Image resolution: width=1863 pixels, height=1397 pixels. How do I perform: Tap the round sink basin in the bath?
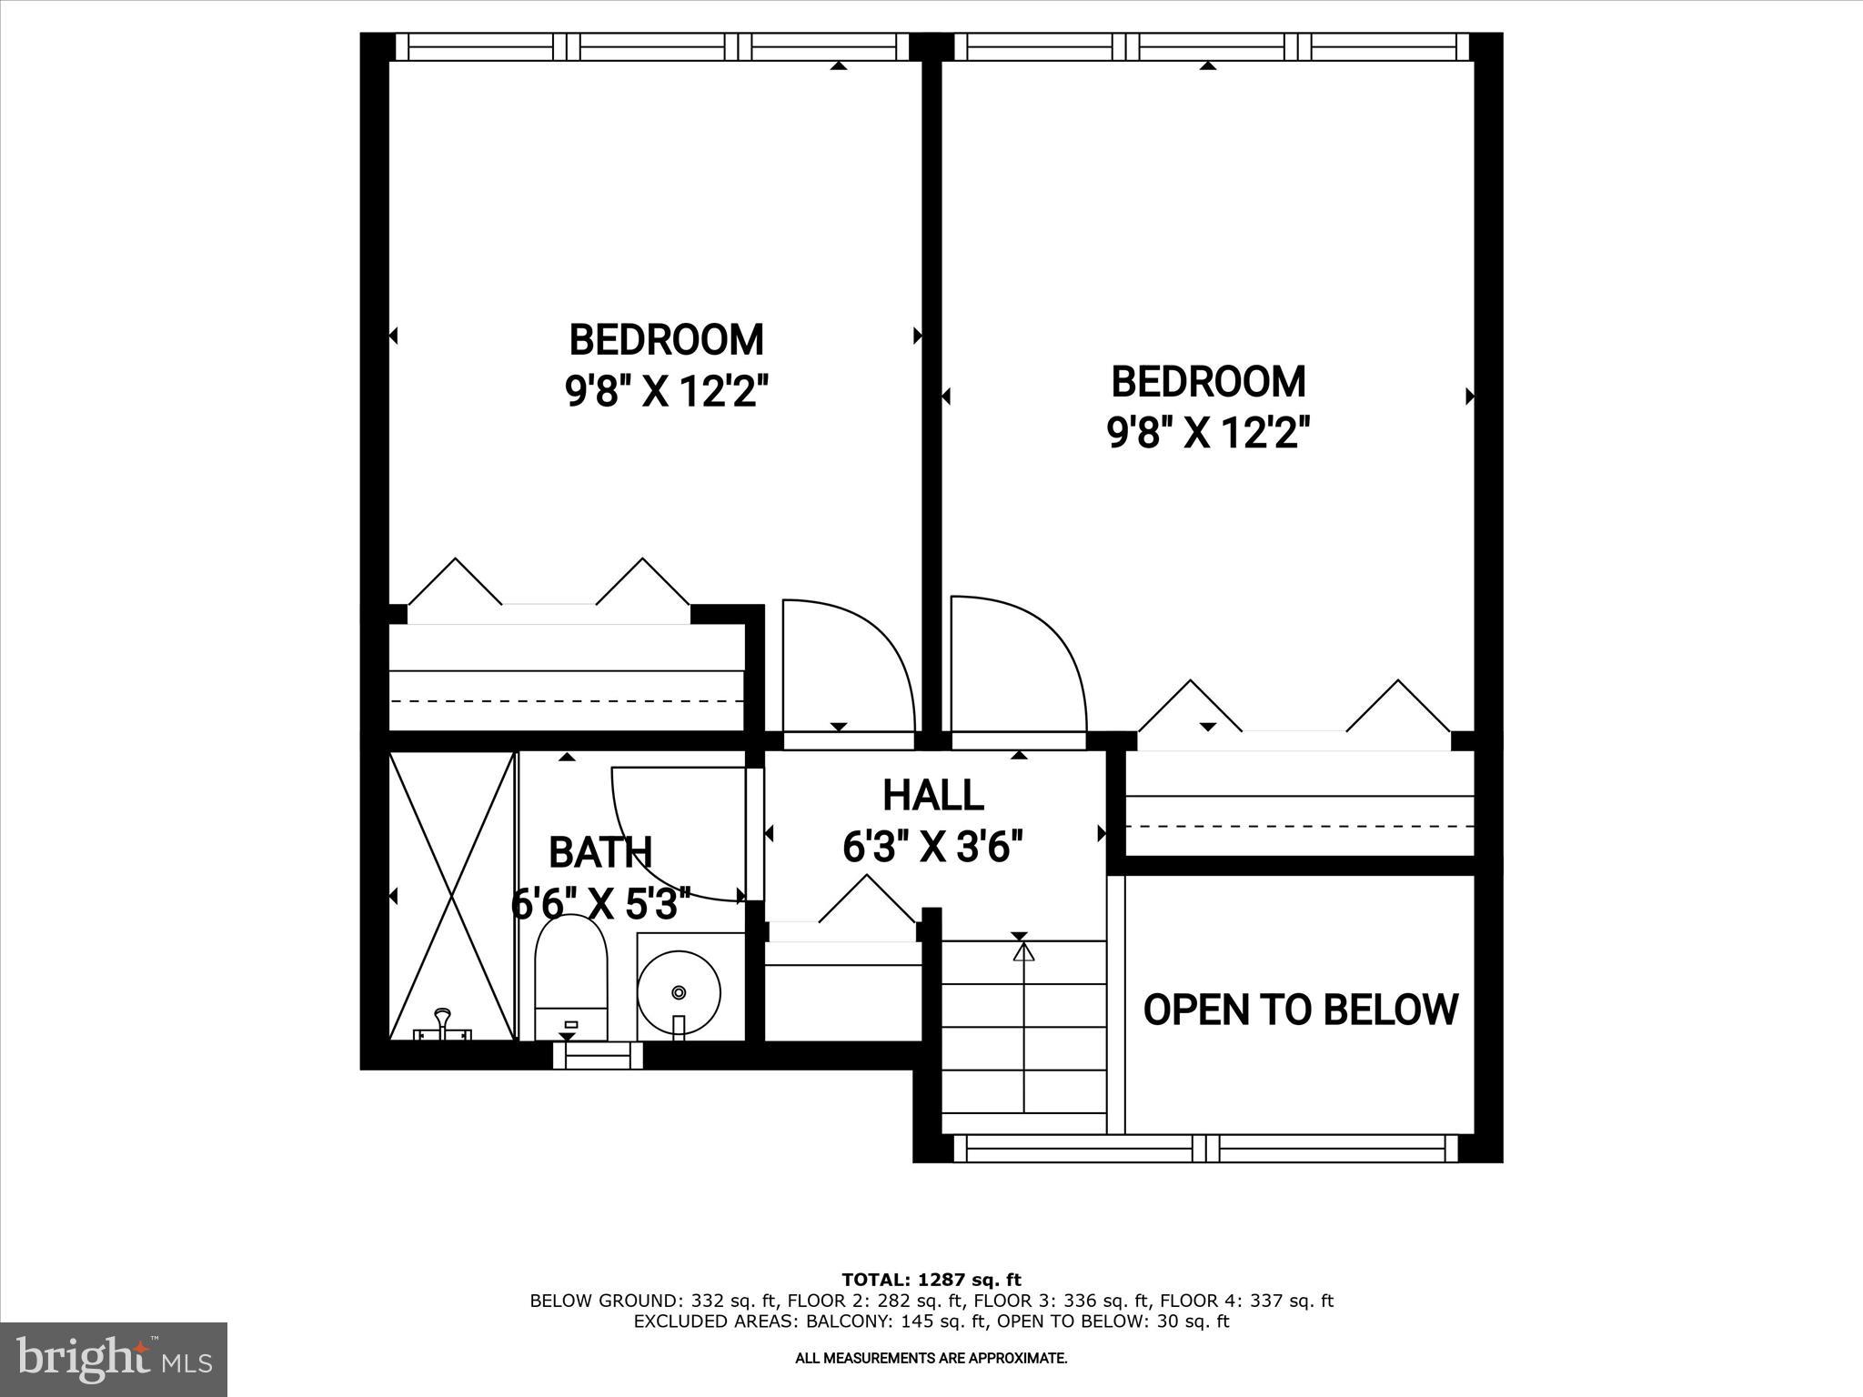(679, 990)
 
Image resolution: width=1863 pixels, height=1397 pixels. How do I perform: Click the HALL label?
(933, 795)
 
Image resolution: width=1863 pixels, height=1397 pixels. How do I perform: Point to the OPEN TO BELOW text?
(1300, 1010)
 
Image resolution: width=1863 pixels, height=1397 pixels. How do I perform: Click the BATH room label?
(600, 852)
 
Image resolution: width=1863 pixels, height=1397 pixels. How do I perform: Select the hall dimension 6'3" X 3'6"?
(933, 847)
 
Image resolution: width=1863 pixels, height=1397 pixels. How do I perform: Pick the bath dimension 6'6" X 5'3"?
(601, 904)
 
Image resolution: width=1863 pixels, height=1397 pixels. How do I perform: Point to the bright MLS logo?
(114, 1359)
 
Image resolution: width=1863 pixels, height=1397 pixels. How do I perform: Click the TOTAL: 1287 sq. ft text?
(931, 1281)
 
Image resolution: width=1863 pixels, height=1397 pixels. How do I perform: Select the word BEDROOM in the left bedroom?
(666, 340)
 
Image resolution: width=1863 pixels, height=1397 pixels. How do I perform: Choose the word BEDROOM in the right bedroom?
(1208, 382)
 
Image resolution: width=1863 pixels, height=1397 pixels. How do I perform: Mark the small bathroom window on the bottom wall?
(598, 1055)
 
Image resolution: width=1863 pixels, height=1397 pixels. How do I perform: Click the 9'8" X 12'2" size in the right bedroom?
(1208, 433)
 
